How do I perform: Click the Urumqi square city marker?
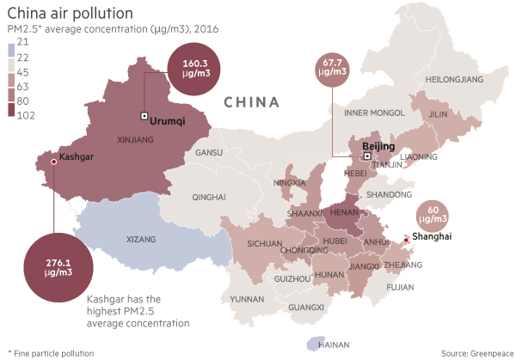click(144, 116)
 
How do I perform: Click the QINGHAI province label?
click(209, 197)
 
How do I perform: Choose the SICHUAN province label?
click(264, 243)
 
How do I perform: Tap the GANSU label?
click(209, 153)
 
